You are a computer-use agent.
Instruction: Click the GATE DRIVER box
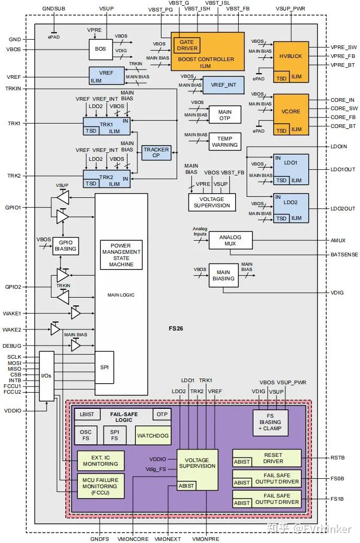coord(187,45)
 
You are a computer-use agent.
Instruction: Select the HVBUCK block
coord(291,62)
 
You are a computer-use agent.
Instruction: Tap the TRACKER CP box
coord(156,152)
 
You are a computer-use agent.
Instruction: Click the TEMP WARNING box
coord(225,141)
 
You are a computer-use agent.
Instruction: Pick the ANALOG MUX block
coord(230,240)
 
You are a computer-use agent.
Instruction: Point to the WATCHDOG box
coord(153,435)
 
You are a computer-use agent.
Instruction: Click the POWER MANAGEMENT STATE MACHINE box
coord(121,255)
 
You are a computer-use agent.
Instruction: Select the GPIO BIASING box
coord(65,246)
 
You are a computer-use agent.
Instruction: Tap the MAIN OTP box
coord(225,115)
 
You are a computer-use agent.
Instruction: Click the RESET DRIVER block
coord(267,458)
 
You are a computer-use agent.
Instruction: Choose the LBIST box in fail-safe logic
coord(87,414)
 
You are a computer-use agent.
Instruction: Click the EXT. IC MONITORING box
coord(100,461)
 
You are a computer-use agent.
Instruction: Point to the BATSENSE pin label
coord(344,255)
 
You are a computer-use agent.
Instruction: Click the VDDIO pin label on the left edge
coord(13,411)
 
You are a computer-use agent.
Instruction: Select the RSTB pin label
coord(338,457)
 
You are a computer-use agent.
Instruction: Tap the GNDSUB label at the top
coord(54,8)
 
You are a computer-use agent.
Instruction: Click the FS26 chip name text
coord(176,328)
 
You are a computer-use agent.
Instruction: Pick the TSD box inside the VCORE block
coord(281,130)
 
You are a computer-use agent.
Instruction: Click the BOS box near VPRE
coord(100,49)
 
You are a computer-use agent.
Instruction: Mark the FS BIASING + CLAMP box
coord(270,422)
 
